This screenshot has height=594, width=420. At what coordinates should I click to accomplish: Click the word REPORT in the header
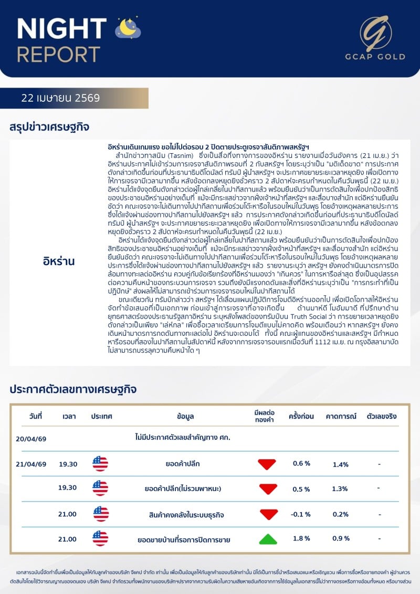58,54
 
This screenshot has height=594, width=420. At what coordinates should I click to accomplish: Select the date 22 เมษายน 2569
61,98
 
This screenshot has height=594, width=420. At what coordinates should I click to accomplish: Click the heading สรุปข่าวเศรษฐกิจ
49,127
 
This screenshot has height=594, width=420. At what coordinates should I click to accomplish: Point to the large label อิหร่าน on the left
59,261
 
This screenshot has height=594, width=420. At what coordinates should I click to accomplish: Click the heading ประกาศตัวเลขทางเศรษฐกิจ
73,389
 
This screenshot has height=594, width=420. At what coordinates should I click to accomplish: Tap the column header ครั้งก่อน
301,416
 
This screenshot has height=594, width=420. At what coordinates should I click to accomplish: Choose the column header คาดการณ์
341,416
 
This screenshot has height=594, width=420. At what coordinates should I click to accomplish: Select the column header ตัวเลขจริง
382,416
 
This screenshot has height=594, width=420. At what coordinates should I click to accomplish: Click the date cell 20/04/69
31,438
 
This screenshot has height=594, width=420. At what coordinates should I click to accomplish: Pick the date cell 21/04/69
31,464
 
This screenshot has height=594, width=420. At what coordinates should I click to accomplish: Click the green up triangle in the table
268,538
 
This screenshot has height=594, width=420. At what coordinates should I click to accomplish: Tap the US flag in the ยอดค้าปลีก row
100,464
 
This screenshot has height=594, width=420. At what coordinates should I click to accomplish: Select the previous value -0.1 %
301,514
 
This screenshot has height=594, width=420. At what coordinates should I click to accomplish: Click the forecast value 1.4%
341,464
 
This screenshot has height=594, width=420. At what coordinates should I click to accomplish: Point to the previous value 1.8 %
301,538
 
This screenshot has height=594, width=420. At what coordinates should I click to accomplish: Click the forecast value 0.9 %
341,538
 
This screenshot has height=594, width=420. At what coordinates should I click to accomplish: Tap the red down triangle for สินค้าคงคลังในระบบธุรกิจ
268,514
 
